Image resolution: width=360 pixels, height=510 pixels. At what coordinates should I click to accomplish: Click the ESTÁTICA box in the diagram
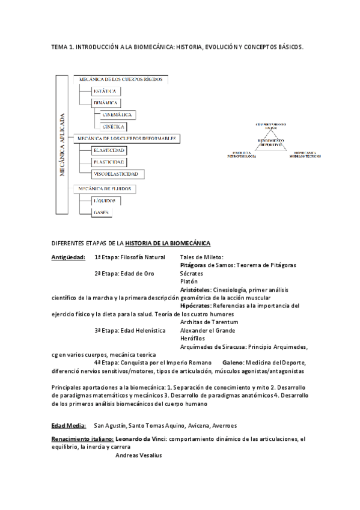coord(106,91)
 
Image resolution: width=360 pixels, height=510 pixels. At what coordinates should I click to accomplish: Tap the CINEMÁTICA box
coord(118,115)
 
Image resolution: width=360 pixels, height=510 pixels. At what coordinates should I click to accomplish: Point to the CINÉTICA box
coord(114,127)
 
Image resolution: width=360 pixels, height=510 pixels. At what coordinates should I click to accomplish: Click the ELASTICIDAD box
coord(109,150)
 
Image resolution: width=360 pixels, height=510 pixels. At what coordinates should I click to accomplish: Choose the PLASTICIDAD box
coord(109,162)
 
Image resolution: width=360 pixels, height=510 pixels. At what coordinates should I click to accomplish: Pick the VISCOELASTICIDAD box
coord(115,174)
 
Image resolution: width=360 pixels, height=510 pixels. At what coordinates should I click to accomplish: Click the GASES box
coord(101,212)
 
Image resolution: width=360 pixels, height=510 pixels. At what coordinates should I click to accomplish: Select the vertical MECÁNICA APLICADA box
coord(63,145)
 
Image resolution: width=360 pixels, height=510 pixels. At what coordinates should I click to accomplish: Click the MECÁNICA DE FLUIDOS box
coord(103,189)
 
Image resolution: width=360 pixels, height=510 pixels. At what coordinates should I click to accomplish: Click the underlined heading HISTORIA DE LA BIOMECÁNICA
coord(168,243)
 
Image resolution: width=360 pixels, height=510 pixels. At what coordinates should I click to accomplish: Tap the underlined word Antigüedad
coord(69,257)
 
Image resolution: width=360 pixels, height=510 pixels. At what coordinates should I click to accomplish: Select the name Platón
coord(189,281)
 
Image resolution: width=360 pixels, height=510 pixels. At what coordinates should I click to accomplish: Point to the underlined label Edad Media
coord(69,425)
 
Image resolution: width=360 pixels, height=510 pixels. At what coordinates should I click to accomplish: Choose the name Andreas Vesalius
coord(138,455)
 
